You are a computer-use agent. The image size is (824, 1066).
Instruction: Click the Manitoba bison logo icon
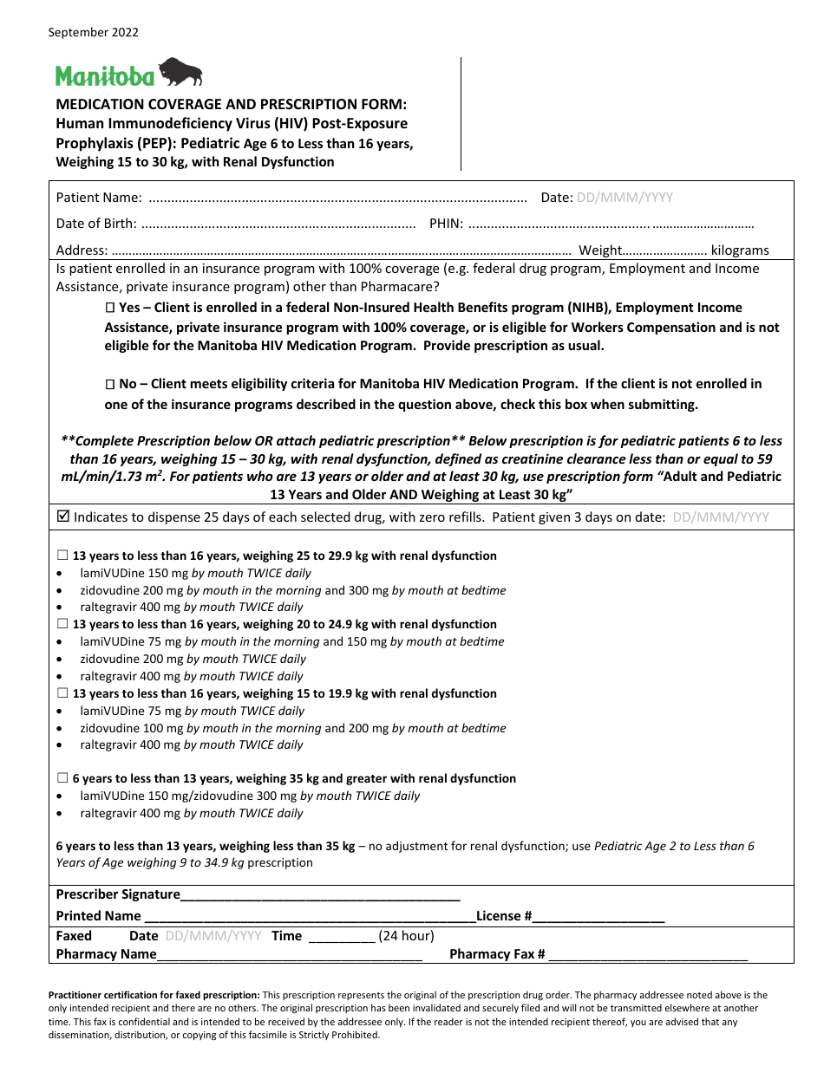(180, 72)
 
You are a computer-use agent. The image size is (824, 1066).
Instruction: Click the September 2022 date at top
(93, 33)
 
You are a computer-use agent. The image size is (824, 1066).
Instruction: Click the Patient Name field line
(338, 198)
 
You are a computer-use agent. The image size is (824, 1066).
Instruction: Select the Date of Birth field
(278, 224)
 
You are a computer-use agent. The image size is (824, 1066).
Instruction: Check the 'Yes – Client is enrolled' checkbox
(110, 309)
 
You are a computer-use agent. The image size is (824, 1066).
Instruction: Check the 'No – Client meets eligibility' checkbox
(110, 384)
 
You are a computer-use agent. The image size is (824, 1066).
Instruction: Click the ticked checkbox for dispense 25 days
(62, 517)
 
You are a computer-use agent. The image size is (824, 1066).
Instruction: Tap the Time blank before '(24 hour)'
(341, 937)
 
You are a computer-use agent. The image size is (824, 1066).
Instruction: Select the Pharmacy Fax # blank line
(648, 956)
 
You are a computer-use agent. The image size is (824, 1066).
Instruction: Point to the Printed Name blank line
(310, 917)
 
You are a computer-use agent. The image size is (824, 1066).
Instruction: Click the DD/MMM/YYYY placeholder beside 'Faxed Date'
(213, 936)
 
